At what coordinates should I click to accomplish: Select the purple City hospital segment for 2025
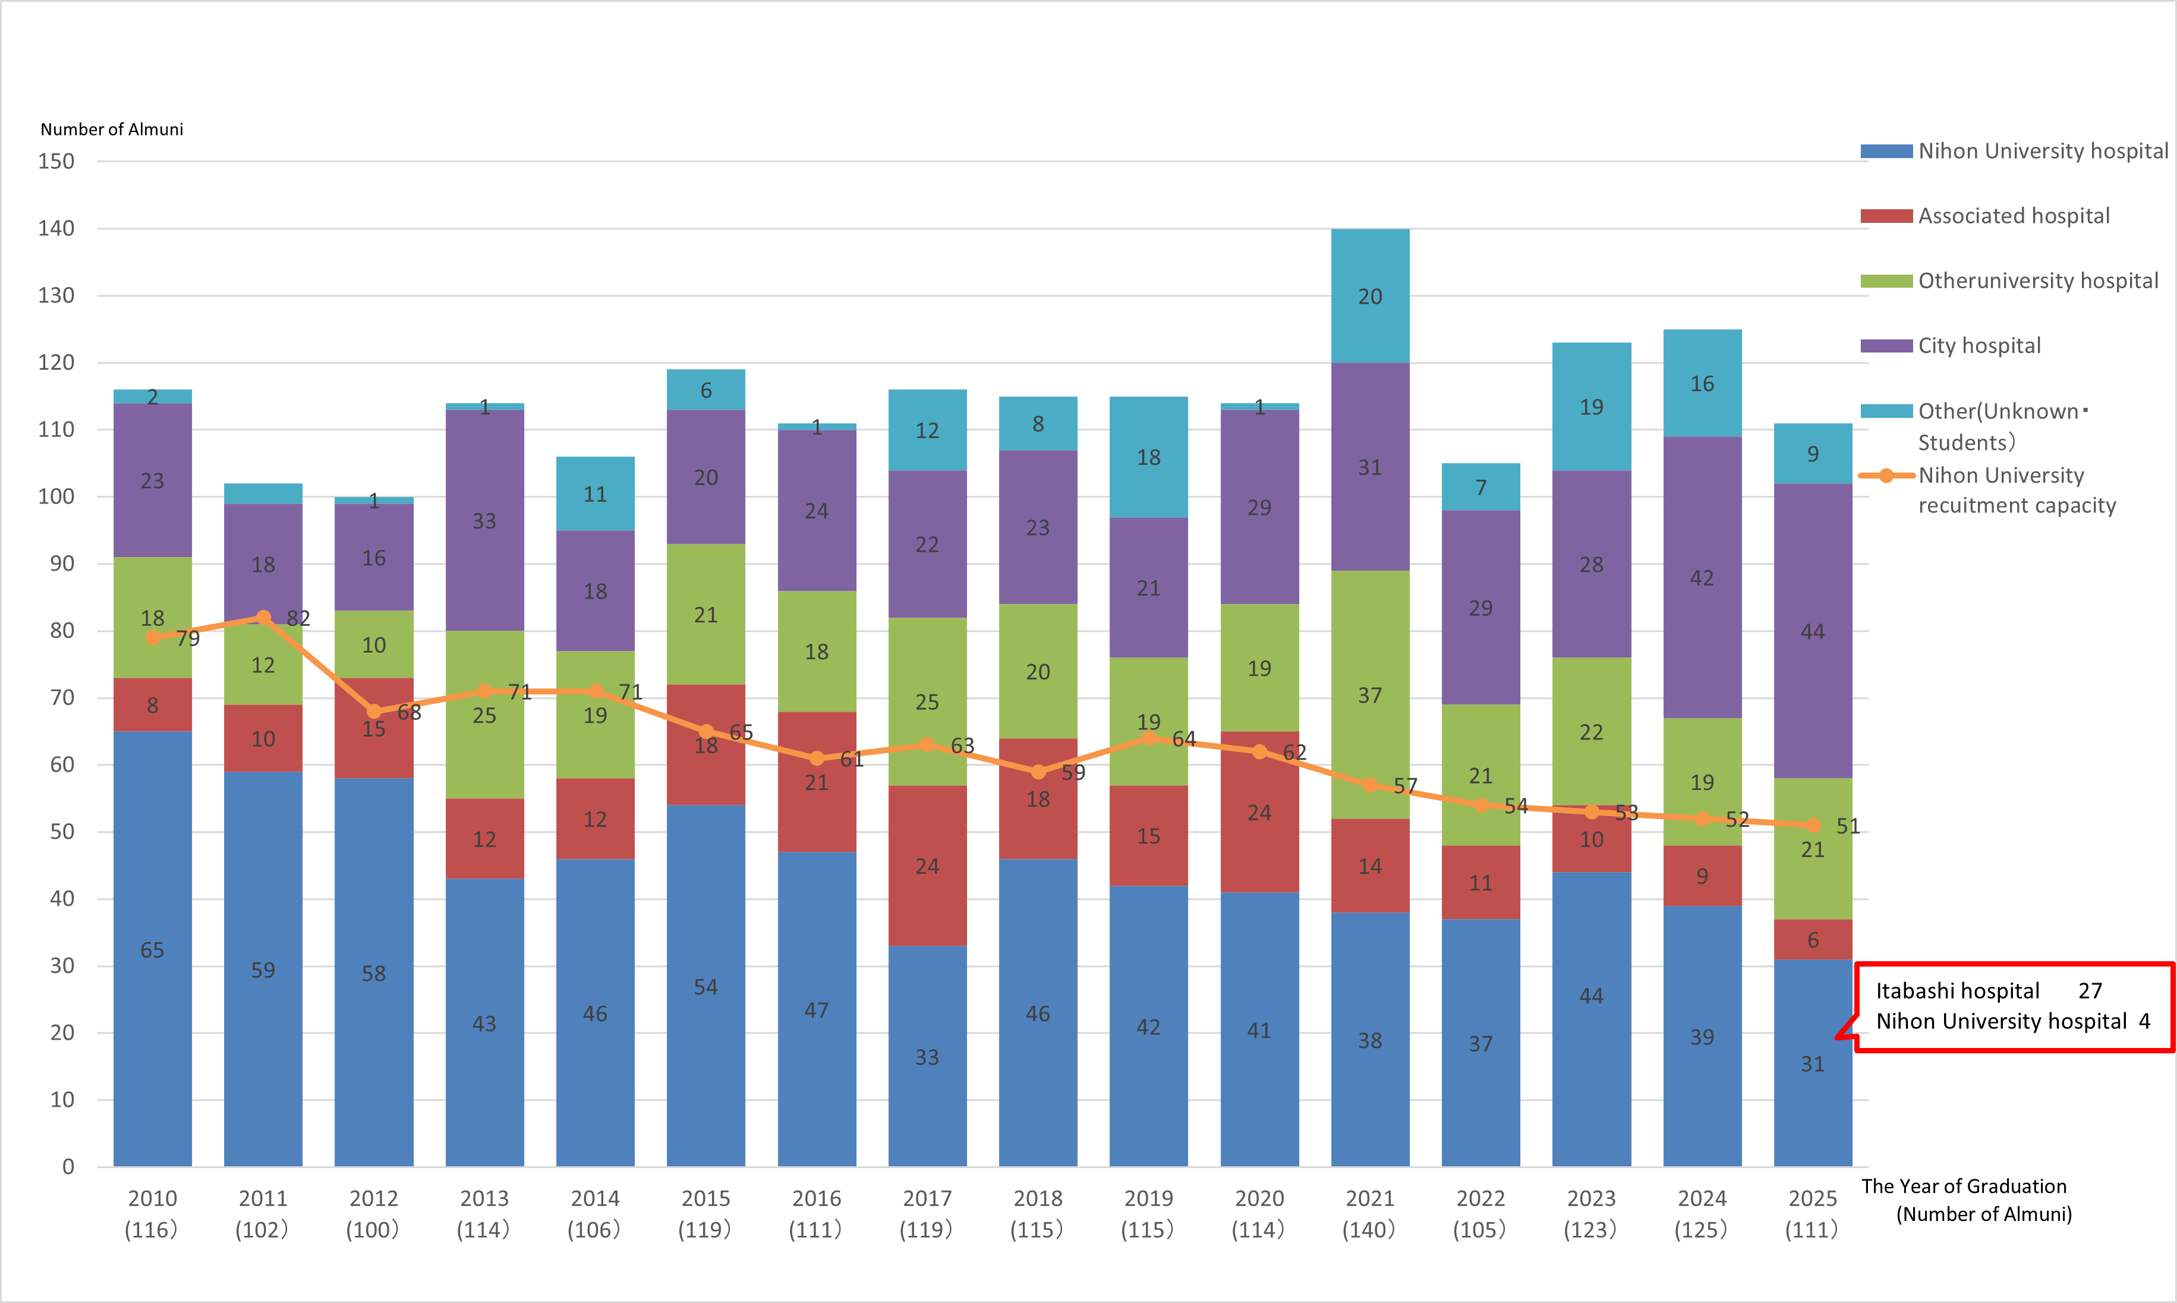click(1812, 631)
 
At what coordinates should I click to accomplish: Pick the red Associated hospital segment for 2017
click(927, 865)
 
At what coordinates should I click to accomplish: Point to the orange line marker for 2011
click(263, 617)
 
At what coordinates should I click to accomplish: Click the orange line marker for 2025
click(1813, 825)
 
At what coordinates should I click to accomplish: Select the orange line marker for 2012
click(374, 711)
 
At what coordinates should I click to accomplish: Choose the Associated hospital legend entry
click(2013, 216)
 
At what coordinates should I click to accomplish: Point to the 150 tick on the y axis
click(56, 162)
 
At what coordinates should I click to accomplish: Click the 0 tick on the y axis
click(68, 1167)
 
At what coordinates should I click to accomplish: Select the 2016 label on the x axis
click(817, 1198)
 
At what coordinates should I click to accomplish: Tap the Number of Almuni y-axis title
click(112, 129)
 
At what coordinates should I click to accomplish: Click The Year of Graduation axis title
click(1964, 1187)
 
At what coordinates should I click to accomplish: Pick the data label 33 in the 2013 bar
click(484, 521)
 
